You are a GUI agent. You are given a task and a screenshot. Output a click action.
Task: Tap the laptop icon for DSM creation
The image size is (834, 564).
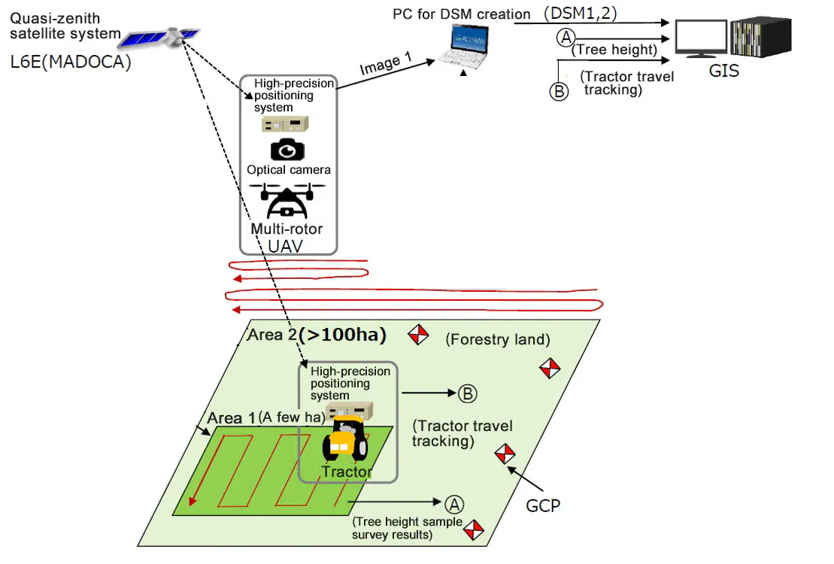point(468,47)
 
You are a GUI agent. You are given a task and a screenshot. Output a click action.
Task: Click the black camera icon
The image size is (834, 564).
point(287,149)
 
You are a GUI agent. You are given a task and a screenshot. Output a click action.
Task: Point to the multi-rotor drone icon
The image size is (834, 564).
point(288,199)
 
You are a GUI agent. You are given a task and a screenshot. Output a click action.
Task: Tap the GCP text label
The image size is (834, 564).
point(543,505)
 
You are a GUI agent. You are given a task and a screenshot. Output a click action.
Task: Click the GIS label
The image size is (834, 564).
point(724,71)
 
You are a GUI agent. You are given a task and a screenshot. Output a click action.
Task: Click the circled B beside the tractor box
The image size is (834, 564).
point(466,393)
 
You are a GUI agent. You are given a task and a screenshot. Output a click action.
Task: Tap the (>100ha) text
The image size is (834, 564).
point(342,335)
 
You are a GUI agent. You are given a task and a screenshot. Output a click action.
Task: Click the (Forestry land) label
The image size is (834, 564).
point(497,340)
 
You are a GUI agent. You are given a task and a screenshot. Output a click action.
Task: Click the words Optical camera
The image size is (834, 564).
point(289,170)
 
